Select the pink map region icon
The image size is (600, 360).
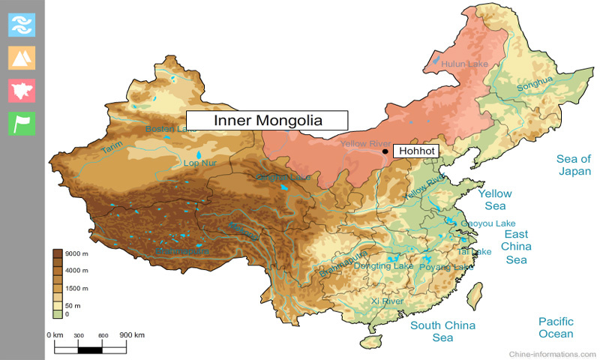click(x=22, y=90)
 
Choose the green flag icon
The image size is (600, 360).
click(x=22, y=124)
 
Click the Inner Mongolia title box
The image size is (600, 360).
click(x=267, y=120)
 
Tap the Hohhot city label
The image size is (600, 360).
click(x=415, y=151)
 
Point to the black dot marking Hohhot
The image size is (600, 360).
click(x=385, y=151)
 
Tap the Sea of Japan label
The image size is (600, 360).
click(x=573, y=165)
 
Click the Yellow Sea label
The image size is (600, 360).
click(x=495, y=199)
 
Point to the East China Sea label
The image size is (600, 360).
click(x=516, y=247)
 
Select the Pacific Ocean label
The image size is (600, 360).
click(x=556, y=327)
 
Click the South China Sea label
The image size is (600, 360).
click(x=442, y=331)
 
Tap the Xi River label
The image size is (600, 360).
click(x=387, y=301)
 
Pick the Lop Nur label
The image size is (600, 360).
click(x=199, y=163)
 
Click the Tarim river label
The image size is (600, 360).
click(x=112, y=150)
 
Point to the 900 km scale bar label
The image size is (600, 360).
click(x=132, y=334)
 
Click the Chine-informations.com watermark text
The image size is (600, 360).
click(x=552, y=353)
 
